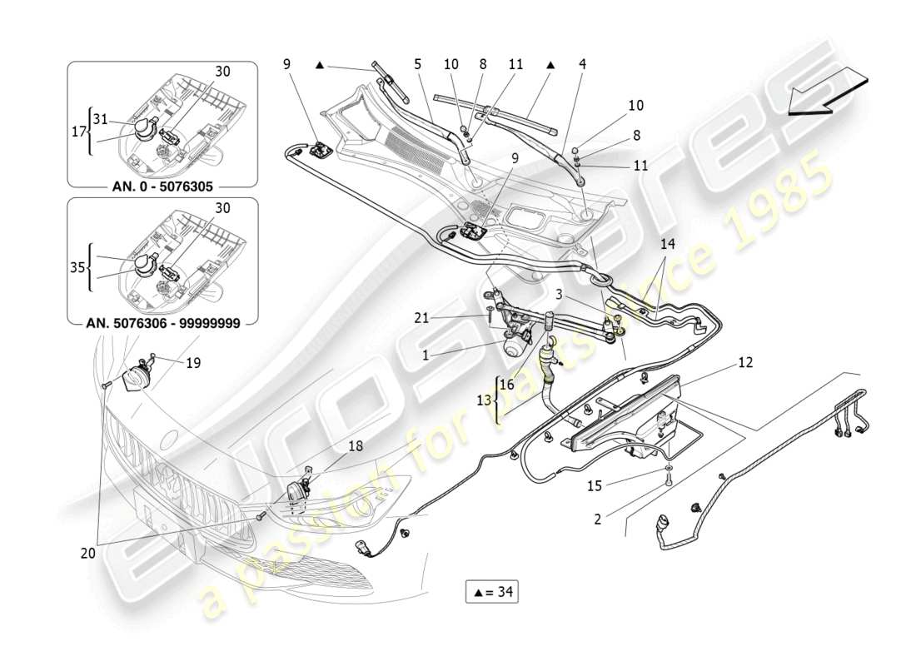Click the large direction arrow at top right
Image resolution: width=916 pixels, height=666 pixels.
(824, 89)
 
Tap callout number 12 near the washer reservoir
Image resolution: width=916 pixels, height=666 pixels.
(744, 362)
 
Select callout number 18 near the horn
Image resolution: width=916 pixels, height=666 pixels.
(356, 446)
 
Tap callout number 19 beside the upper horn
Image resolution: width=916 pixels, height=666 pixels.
(192, 363)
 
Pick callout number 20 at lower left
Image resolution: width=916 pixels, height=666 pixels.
(88, 552)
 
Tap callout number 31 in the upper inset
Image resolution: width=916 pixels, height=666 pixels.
(101, 118)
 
